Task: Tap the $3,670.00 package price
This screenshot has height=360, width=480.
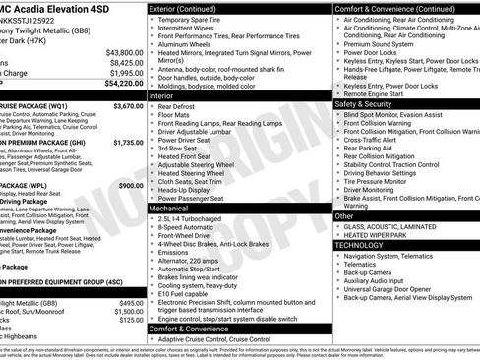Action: tap(128, 105)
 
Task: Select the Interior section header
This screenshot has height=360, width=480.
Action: tap(161, 96)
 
